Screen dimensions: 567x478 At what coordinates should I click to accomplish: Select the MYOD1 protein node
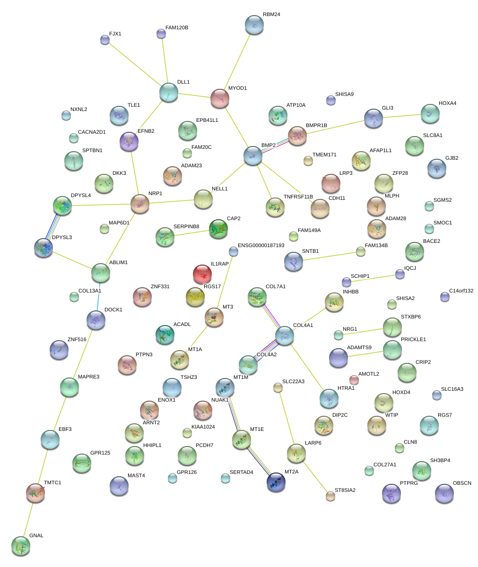click(220, 98)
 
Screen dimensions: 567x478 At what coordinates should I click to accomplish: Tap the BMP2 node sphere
click(252, 155)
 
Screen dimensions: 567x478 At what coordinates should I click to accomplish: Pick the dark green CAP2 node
click(218, 228)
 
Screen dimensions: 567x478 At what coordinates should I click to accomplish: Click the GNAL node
click(20, 545)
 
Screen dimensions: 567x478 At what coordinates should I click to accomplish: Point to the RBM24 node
click(254, 25)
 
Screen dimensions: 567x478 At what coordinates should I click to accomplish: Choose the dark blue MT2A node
click(276, 481)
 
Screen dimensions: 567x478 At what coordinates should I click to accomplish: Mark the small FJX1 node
click(105, 40)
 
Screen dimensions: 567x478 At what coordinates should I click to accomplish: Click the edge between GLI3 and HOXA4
click(401, 116)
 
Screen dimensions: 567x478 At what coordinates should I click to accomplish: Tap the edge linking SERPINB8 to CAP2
click(191, 232)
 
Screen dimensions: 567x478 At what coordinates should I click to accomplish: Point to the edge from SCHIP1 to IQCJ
click(374, 278)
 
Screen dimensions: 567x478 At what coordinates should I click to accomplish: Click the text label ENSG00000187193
click(261, 245)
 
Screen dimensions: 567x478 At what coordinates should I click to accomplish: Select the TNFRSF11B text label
click(298, 197)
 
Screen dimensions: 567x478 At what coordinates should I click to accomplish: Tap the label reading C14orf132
click(461, 291)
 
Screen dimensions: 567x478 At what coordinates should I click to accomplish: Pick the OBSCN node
click(444, 493)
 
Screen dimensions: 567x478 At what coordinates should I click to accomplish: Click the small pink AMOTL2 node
click(354, 379)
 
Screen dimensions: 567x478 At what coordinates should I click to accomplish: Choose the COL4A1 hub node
click(285, 335)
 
